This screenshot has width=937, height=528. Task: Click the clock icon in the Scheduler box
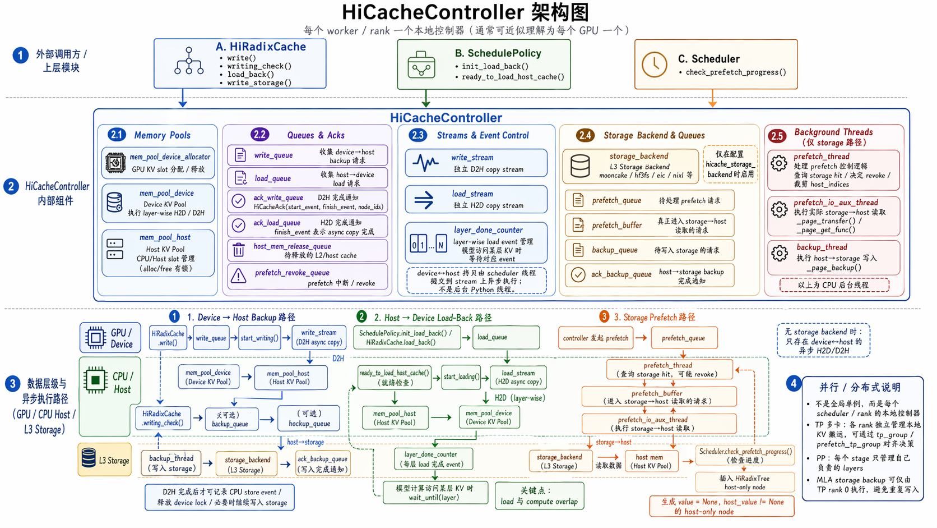click(x=654, y=65)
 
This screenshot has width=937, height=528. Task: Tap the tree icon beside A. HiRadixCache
click(x=189, y=61)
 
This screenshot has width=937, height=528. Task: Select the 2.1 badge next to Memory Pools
click(x=116, y=135)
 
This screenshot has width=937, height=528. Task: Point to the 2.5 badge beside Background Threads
click(x=777, y=136)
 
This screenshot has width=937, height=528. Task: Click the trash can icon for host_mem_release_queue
click(x=239, y=250)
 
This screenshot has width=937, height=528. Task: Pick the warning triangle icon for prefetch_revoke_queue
click(x=239, y=276)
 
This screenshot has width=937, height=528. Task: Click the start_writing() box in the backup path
click(x=259, y=338)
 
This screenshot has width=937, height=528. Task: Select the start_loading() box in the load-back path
click(x=461, y=377)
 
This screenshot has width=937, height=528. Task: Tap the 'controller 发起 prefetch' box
click(x=596, y=338)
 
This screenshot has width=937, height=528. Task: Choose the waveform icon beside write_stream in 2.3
click(x=425, y=163)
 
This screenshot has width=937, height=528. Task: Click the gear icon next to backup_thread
click(x=779, y=253)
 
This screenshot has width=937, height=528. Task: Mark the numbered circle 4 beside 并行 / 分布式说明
click(x=792, y=384)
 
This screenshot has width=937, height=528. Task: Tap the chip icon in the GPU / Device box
click(x=95, y=338)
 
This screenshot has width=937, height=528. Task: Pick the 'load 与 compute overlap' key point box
click(x=540, y=496)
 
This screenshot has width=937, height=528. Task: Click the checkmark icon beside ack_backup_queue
click(x=578, y=274)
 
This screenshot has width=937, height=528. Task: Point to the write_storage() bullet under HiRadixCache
click(x=259, y=83)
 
